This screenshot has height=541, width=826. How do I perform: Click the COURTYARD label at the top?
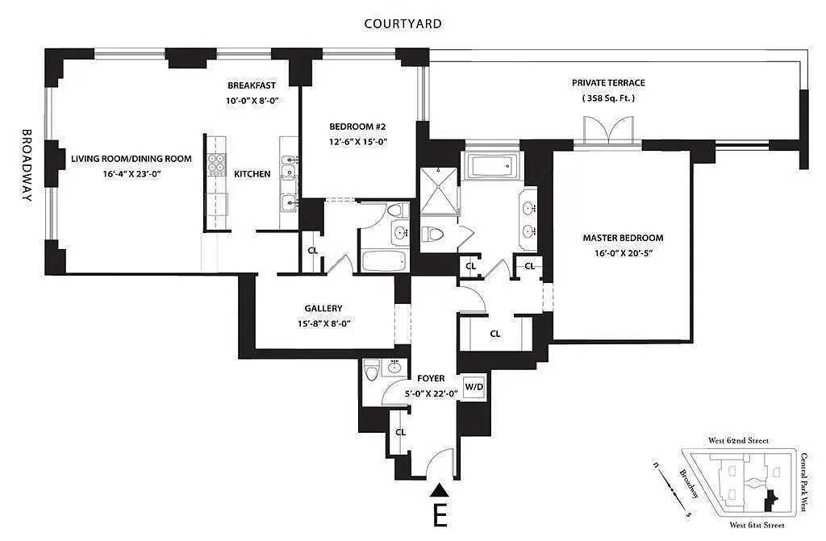[x=403, y=23]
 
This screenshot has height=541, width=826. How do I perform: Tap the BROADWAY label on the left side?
[x=27, y=164]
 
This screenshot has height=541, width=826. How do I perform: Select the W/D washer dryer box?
[x=473, y=385]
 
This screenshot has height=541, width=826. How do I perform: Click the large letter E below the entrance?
[x=440, y=516]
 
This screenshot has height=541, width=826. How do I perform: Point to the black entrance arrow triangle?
[x=439, y=489]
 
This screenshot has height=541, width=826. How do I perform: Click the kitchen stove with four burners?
[x=216, y=164]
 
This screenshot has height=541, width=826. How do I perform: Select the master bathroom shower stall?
[x=439, y=191]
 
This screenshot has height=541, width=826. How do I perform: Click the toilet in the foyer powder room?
[x=371, y=372]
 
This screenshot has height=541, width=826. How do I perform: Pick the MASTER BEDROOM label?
[x=623, y=238]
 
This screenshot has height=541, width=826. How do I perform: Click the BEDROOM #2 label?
[x=357, y=127]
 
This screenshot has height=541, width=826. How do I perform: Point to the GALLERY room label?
[x=323, y=308]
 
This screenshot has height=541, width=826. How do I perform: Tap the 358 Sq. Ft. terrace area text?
[x=608, y=98]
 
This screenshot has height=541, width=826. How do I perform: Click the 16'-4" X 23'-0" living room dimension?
[x=131, y=173]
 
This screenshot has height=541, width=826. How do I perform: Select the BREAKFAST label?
[x=252, y=85]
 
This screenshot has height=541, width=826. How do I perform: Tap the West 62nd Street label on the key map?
[x=738, y=441]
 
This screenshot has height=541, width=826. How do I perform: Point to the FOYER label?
[x=431, y=378]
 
